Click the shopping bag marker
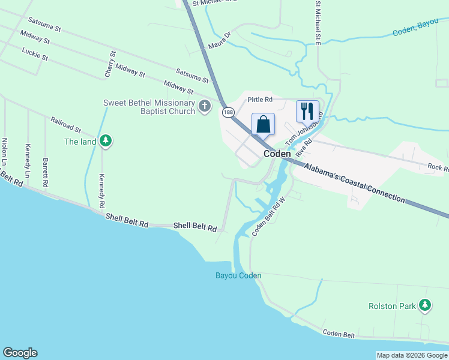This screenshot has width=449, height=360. point(263,125)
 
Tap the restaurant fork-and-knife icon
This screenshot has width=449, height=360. point(307,110)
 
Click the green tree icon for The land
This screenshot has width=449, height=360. point(106,141)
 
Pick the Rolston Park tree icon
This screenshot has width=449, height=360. point(425,305)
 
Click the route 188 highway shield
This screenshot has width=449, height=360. point(228,112)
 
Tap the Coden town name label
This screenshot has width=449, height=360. point(277,154)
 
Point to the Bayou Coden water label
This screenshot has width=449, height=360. point(238,276)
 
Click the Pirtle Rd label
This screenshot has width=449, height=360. point(260,99)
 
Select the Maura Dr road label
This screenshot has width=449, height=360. point(219,41)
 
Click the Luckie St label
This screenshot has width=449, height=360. point(34,55)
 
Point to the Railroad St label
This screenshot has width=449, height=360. point(65,125)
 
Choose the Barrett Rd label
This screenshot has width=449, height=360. point(45,170)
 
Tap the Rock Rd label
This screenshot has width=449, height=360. point(438,167)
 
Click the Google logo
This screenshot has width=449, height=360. point(20,353)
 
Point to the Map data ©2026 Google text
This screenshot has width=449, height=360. point(412,355)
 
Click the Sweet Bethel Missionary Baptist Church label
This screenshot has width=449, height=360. point(149,107)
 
